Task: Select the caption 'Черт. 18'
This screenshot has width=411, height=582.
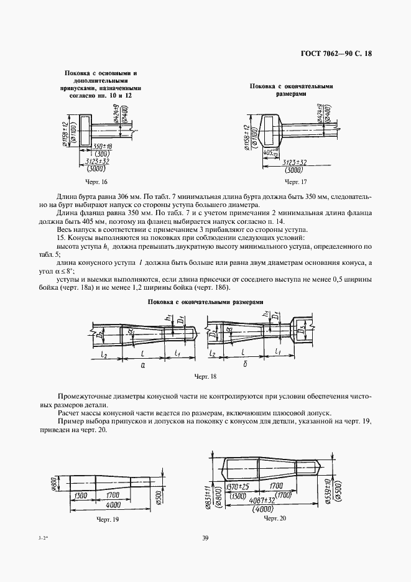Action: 206,376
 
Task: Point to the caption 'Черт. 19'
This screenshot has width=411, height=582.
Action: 108,517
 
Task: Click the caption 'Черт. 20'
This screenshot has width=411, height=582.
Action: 275,517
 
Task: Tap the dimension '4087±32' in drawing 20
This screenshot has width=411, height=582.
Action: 261,499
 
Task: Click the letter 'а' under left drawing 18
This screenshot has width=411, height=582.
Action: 143,367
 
